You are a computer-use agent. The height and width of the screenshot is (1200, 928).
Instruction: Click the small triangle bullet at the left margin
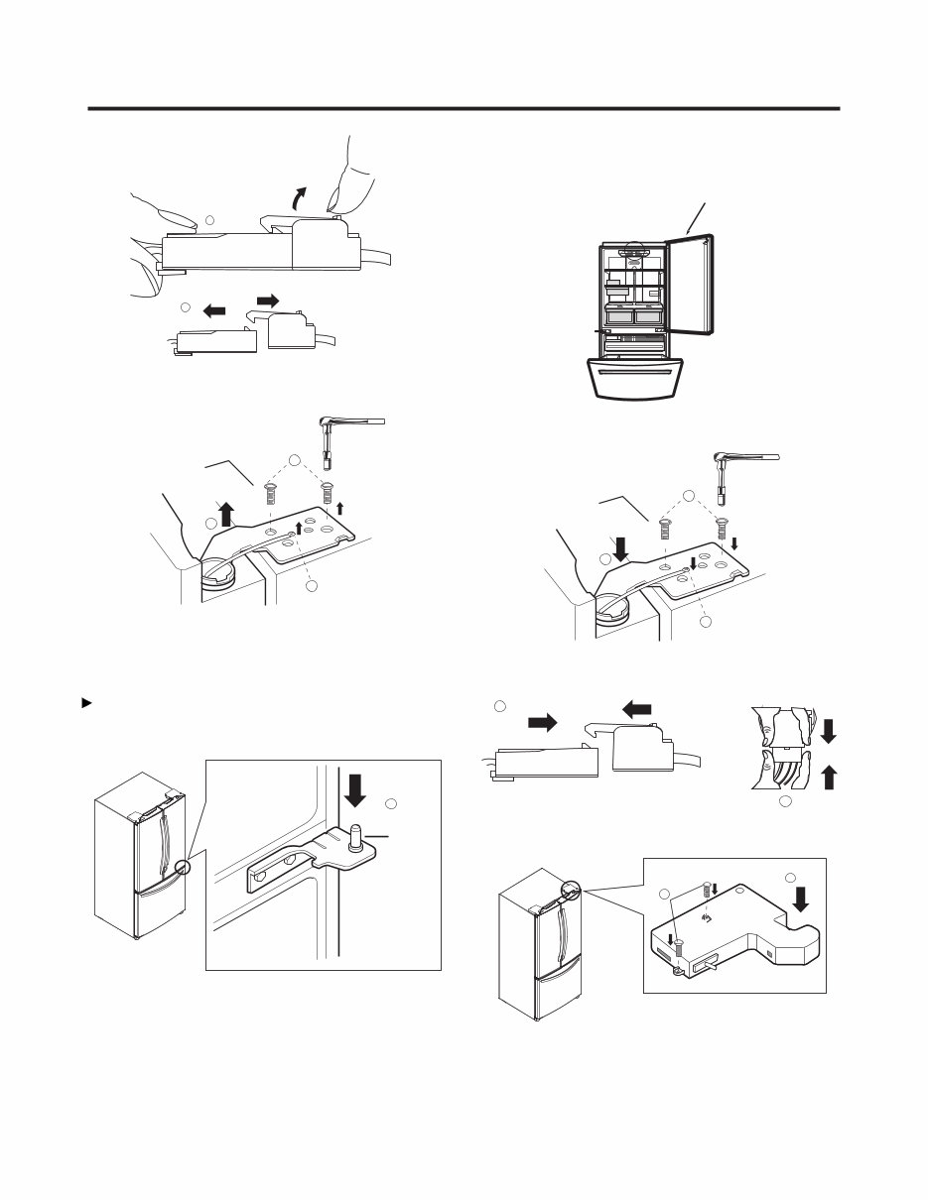point(86,702)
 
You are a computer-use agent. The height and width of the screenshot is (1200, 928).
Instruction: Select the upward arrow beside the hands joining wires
point(830,777)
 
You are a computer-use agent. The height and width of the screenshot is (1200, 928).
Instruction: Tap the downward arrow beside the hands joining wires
point(830,732)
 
